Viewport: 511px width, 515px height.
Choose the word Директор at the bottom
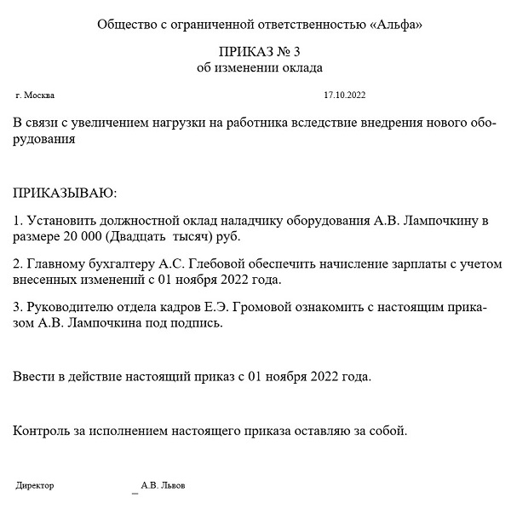click(35, 485)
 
